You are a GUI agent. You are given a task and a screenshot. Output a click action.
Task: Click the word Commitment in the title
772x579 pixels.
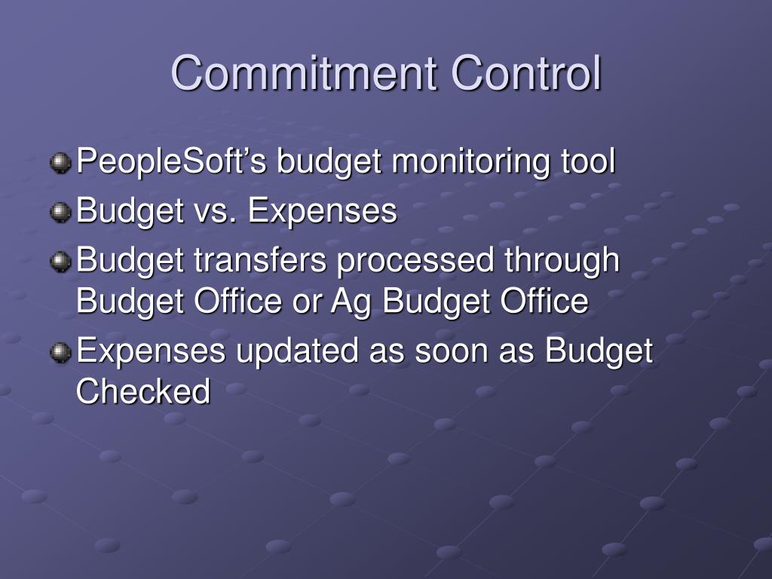click(x=304, y=73)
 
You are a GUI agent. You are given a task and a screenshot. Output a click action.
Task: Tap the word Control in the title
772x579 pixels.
click(x=525, y=73)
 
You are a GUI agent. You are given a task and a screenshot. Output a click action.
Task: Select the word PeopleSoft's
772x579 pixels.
click(x=171, y=161)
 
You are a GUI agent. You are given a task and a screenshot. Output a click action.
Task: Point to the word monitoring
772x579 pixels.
click(x=471, y=161)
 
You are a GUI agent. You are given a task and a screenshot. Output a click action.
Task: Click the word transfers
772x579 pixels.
click(x=260, y=259)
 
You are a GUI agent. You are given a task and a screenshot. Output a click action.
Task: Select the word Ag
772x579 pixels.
click(x=351, y=302)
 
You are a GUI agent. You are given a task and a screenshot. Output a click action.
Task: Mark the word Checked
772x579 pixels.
click(x=143, y=391)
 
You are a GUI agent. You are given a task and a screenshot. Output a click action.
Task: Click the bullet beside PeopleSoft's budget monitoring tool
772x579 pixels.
click(x=60, y=163)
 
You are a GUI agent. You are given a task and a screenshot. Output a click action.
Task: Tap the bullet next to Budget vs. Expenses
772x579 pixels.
click(x=60, y=212)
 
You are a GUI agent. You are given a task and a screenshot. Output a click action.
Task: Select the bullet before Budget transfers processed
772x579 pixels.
click(x=60, y=261)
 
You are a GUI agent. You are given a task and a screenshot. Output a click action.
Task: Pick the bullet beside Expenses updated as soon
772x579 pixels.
click(x=60, y=352)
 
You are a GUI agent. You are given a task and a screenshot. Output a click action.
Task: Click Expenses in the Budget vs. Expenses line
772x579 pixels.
click(x=323, y=212)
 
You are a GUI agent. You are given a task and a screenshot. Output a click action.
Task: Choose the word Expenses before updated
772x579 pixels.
click(x=151, y=351)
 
